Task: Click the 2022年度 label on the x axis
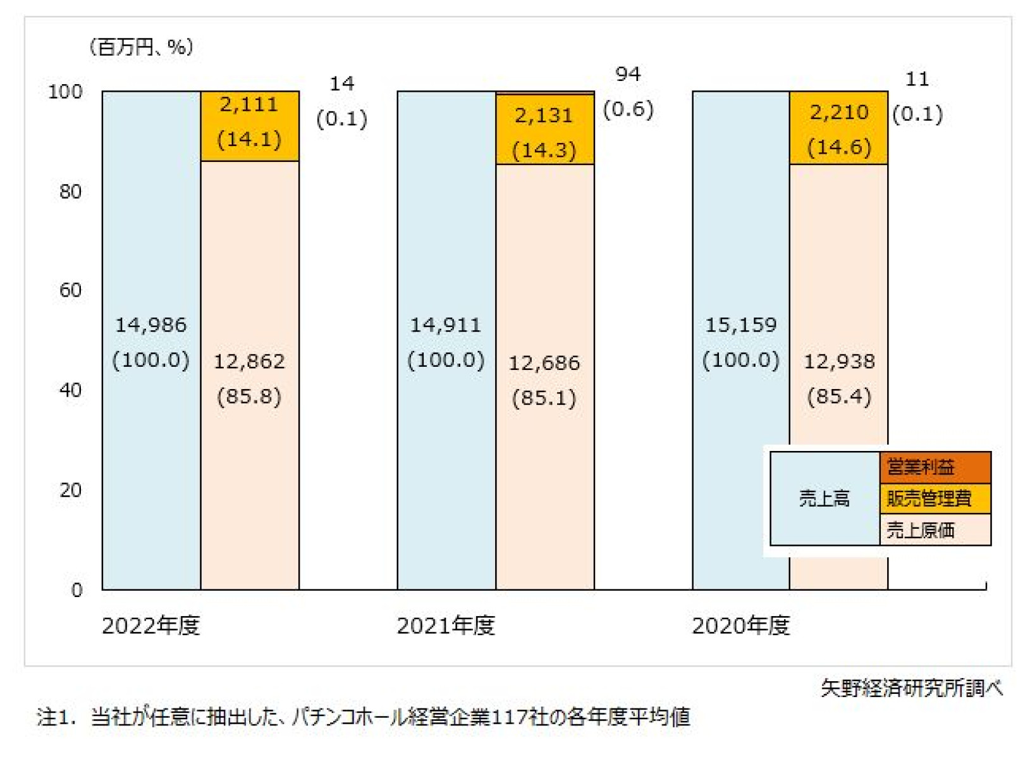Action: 150,626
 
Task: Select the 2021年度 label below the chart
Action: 446,626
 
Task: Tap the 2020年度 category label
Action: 740,626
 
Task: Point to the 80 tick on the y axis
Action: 70,191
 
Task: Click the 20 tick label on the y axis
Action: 70,490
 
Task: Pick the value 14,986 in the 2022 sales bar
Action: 150,325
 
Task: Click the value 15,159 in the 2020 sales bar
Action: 740,325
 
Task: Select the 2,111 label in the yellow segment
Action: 249,104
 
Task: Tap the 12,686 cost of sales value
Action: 544,363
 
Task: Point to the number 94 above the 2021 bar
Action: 628,75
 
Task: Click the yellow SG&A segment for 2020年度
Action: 838,128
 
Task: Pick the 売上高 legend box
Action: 825,498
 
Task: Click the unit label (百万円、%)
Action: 141,47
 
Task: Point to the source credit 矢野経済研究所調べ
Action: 912,688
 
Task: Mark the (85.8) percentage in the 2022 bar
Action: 249,397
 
